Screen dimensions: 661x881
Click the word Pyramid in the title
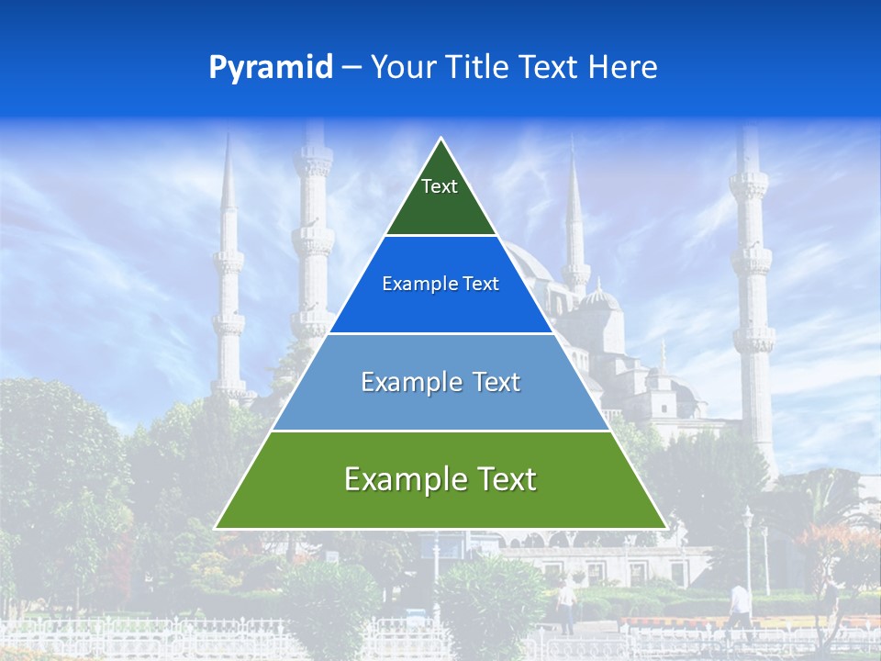[271, 68]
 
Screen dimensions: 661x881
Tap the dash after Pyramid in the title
[351, 68]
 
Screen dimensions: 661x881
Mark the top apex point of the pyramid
[441, 139]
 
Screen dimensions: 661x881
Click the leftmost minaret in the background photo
[228, 275]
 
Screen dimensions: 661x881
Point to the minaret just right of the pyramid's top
[575, 230]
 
